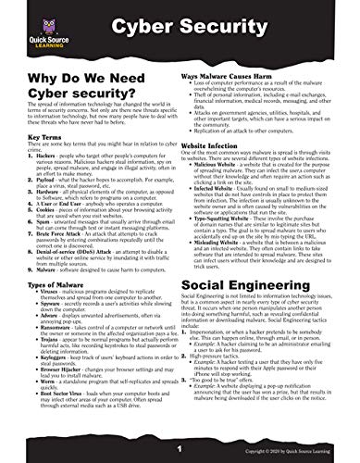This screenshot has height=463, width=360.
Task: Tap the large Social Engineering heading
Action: point(255,291)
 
